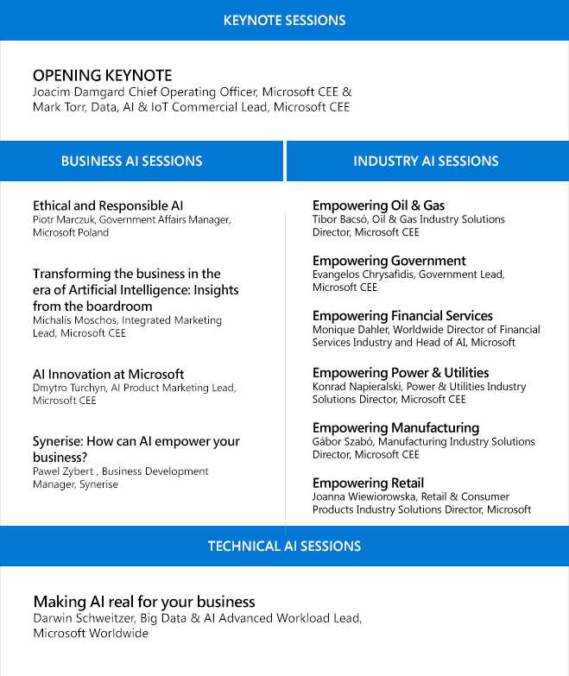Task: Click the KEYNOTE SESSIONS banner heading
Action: pyautogui.click(x=284, y=20)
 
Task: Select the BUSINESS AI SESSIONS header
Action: pyautogui.click(x=131, y=161)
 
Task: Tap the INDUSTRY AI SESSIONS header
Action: pyautogui.click(x=426, y=161)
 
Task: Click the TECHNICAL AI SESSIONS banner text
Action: pyautogui.click(x=284, y=546)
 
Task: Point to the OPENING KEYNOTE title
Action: pyautogui.click(x=102, y=75)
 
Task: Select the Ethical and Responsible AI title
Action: pyautogui.click(x=108, y=205)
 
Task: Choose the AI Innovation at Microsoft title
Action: pyautogui.click(x=108, y=374)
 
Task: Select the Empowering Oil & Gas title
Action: pyautogui.click(x=378, y=205)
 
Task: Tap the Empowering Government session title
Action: pyautogui.click(x=389, y=261)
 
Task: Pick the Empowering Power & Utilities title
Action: pyautogui.click(x=401, y=372)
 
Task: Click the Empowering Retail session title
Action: pyautogui.click(x=368, y=483)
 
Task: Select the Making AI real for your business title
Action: pyautogui.click(x=144, y=601)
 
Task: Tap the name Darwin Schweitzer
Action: pyautogui.click(x=81, y=618)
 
